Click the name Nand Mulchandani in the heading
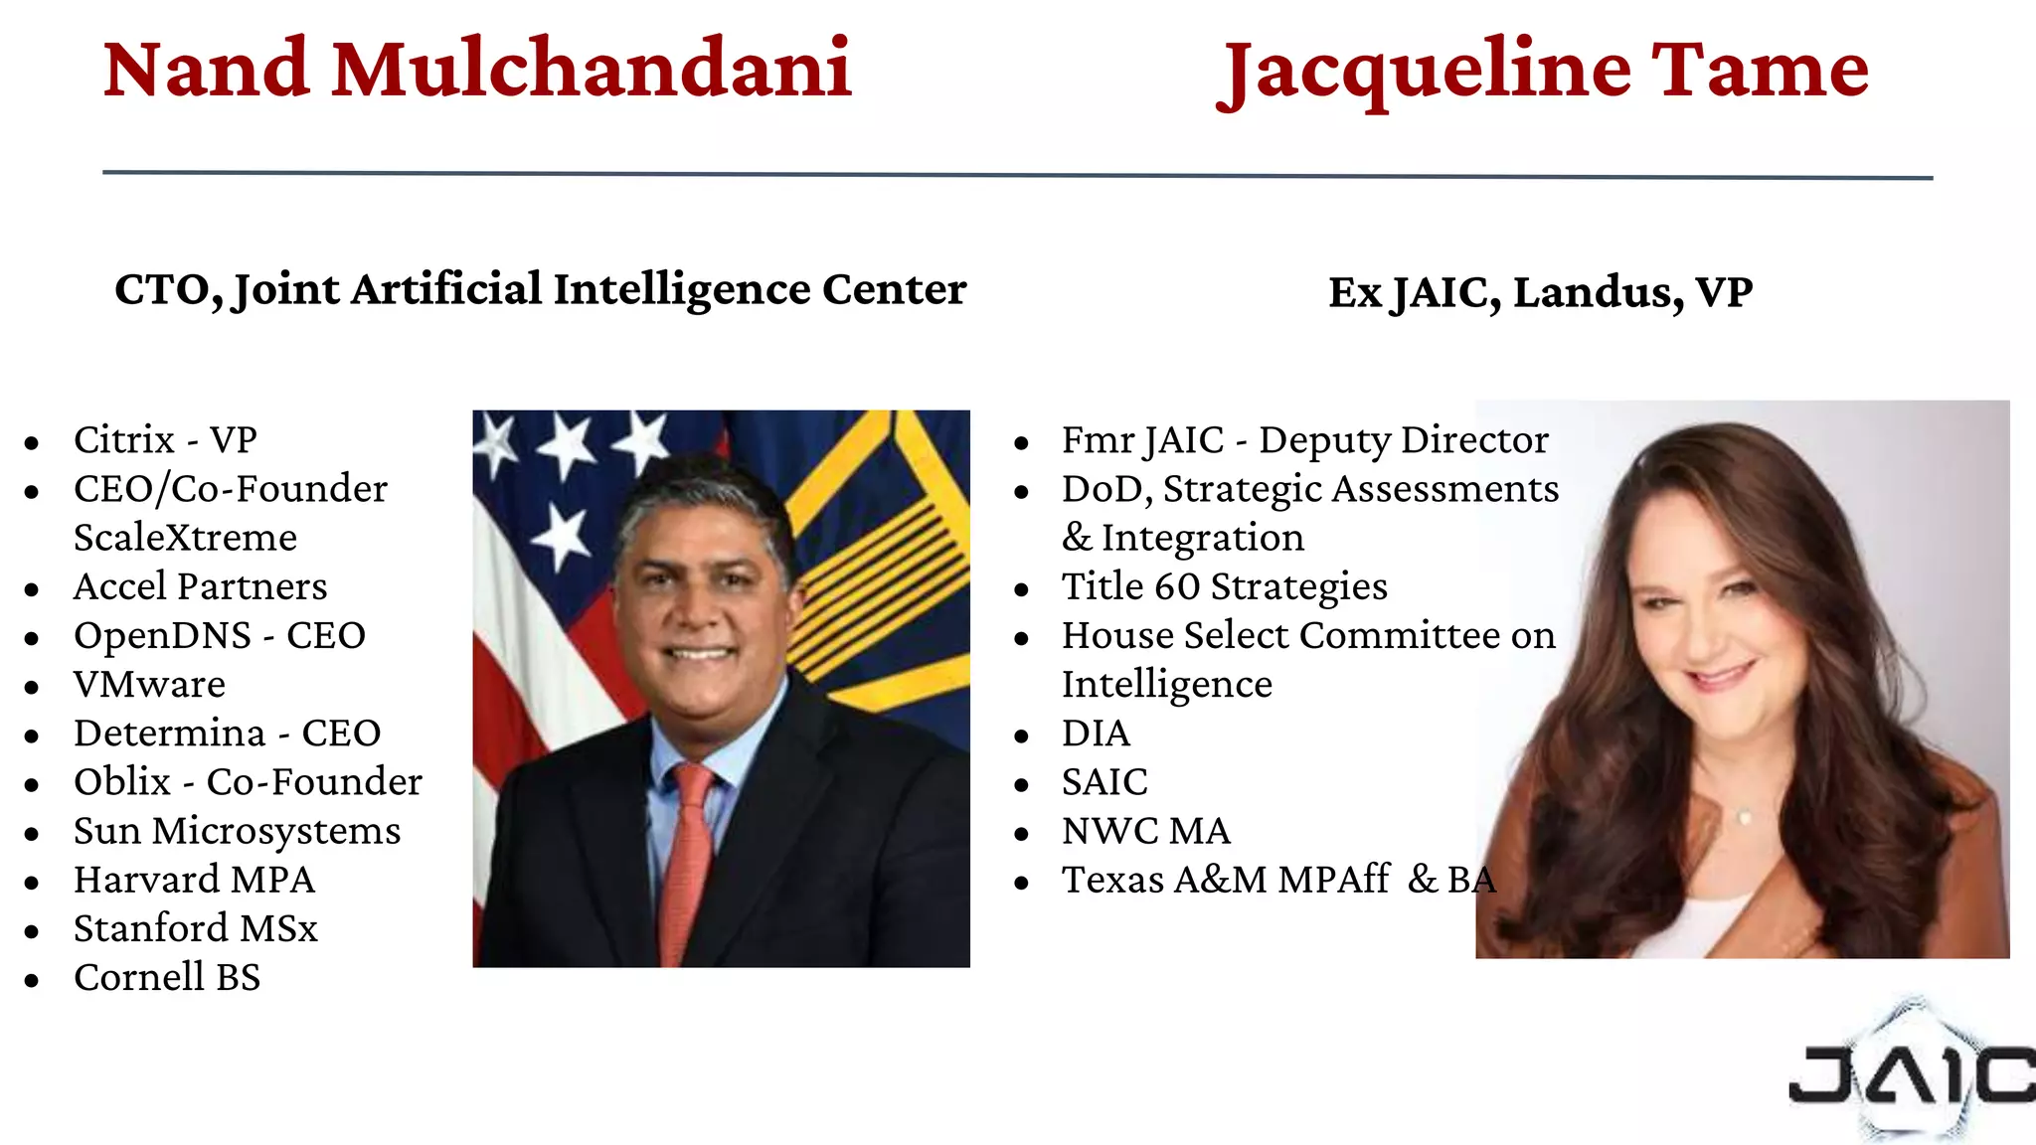click(477, 70)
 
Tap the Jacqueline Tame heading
click(1543, 72)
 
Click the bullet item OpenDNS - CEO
click(220, 635)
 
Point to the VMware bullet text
click(149, 684)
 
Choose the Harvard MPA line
click(194, 880)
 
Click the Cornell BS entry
click(167, 977)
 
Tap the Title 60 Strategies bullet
click(1224, 586)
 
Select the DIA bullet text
click(1096, 734)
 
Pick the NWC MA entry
click(1145, 831)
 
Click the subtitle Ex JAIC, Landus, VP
click(1540, 292)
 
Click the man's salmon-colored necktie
click(688, 855)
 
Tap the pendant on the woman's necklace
click(1744, 817)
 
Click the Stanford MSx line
click(196, 928)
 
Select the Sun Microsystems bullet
click(237, 831)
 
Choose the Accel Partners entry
click(200, 586)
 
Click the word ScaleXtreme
click(185, 538)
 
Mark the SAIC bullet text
click(1104, 782)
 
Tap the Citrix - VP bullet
click(165, 439)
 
